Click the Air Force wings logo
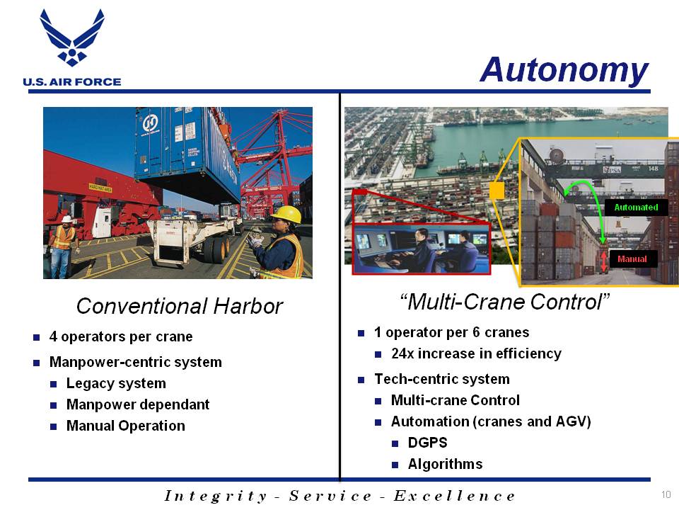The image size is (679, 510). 72,38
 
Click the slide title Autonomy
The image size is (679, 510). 564,69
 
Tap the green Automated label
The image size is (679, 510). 636,208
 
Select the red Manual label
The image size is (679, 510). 632,259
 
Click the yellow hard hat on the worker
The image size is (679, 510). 286,214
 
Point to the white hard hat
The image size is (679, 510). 66,219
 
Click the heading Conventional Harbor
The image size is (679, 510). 179,306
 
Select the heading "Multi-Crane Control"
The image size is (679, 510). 504,302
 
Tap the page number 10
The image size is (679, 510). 666,494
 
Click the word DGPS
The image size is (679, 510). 427,442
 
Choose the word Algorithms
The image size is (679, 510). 445,464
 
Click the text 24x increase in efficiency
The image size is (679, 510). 476,353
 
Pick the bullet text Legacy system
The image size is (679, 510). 116,383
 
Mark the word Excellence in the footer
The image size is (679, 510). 454,495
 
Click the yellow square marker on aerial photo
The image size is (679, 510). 497,191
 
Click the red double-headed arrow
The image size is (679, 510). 603,260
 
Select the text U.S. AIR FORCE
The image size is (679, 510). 72,81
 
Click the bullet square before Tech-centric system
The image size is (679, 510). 361,380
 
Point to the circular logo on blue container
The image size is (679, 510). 150,123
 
